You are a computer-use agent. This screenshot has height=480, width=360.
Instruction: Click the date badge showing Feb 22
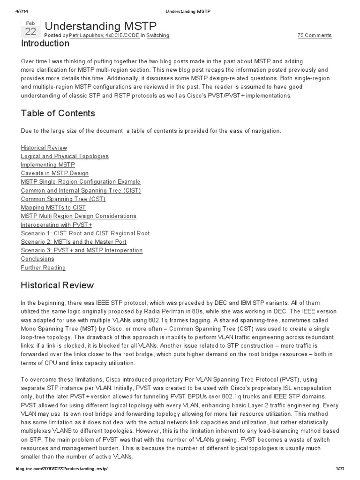point(30,29)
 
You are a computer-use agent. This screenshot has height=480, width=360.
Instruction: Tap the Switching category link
point(157,36)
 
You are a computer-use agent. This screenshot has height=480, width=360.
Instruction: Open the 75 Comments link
point(315,36)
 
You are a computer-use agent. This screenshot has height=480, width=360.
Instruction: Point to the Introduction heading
point(45,44)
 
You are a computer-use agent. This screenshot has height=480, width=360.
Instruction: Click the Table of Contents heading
point(58,113)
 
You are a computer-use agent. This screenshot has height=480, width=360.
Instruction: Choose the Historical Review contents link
point(44,148)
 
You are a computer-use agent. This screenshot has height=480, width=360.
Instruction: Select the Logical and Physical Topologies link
point(65,156)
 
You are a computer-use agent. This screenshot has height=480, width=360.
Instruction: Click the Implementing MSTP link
point(48,165)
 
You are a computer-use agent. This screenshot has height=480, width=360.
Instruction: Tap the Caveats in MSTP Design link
point(54,173)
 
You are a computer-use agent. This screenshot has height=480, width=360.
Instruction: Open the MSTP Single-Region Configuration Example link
point(81,182)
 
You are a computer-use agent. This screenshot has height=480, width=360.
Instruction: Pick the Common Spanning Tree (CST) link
point(63,199)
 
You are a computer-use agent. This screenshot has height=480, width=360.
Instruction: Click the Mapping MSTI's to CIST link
point(53,207)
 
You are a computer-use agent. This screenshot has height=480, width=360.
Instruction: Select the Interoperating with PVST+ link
point(56,225)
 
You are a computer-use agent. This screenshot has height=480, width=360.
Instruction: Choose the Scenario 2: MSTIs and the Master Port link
point(74,242)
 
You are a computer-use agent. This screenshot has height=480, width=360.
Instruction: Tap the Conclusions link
point(37,259)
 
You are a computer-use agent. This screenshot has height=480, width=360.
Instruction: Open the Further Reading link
point(43,268)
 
